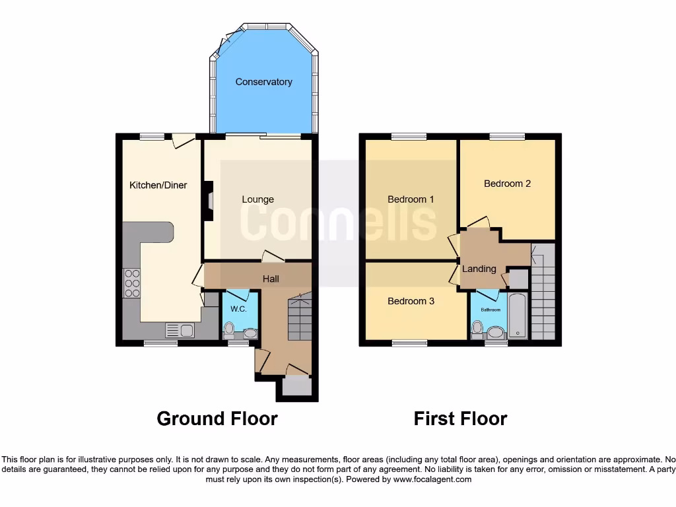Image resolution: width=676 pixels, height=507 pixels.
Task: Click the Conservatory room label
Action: point(263,82)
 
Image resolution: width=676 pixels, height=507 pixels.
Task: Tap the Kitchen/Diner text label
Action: point(158,185)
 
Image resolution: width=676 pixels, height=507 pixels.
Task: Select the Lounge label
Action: point(257,199)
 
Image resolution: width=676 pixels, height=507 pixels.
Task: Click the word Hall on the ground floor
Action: point(271,279)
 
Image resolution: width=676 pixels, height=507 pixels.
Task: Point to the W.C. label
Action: point(238,308)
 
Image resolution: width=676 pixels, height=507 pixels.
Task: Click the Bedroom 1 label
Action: point(411,199)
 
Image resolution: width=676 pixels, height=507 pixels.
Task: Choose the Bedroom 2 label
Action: point(507,184)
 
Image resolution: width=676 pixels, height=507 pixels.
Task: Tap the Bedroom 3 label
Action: point(411,301)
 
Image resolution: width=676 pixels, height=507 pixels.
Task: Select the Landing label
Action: point(479,269)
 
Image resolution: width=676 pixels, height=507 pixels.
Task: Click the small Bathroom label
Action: point(490,309)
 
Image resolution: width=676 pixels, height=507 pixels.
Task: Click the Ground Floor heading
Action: point(217,419)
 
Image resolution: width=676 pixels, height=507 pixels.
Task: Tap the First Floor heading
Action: point(460,419)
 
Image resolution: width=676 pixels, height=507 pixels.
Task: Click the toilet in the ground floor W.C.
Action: point(230,329)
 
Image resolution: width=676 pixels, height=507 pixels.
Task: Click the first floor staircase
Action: point(543,297)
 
